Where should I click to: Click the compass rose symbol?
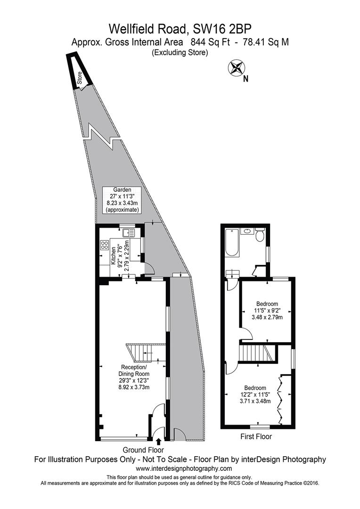(x=237, y=67)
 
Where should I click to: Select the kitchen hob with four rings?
(x=105, y=246)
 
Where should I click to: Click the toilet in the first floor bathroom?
(x=259, y=235)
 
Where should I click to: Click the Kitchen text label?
(x=112, y=257)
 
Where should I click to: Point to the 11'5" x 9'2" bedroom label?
(x=267, y=311)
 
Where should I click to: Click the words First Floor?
(x=256, y=436)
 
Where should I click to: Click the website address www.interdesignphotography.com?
(x=184, y=468)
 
